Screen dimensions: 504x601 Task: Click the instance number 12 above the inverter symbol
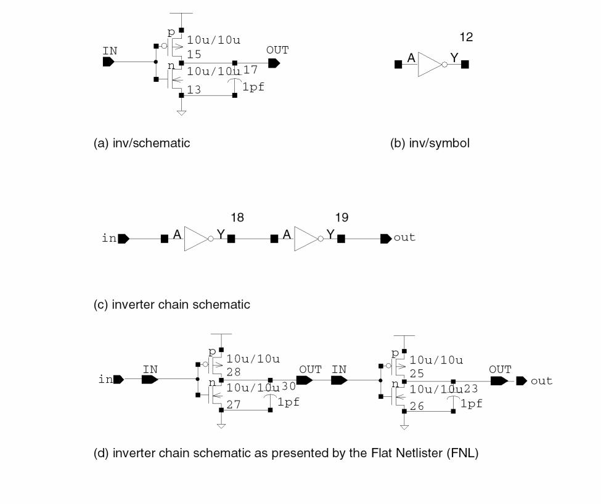[466, 38]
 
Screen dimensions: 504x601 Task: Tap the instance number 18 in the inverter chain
[237, 217]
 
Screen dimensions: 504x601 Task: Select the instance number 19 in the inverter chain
[341, 217]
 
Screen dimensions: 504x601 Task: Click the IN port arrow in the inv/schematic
[109, 62]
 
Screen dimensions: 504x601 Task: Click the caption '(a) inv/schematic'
[142, 143]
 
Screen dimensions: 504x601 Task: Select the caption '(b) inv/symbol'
[430, 143]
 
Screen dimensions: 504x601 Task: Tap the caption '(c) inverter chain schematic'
[172, 305]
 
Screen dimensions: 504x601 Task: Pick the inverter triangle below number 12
[430, 63]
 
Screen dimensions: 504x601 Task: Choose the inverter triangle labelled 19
[306, 238]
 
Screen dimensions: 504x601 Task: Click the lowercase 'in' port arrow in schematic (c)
[123, 238]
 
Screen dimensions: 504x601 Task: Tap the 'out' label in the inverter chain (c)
[404, 238]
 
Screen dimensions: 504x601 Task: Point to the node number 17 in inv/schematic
[250, 70]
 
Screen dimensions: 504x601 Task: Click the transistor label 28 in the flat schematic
[234, 372]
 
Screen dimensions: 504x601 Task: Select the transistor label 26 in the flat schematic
[417, 406]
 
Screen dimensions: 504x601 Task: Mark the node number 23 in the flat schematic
[471, 388]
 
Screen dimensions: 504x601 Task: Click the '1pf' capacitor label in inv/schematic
[253, 87]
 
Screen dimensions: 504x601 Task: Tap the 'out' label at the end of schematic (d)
[542, 381]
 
